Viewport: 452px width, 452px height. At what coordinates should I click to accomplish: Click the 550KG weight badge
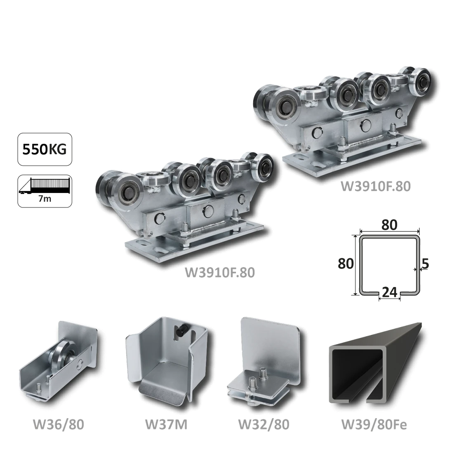[45, 149]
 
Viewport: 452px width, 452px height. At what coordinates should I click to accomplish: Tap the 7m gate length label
[45, 199]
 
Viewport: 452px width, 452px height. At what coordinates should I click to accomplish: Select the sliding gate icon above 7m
[45, 186]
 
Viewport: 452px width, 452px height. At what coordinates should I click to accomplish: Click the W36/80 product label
[59, 424]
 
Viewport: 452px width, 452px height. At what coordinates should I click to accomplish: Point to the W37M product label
[166, 424]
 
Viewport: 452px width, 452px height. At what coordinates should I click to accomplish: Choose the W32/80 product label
[264, 424]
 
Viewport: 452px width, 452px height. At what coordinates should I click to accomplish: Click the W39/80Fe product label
[374, 424]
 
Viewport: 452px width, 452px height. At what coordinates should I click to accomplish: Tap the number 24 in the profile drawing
[389, 292]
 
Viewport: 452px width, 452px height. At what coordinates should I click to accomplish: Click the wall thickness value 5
[425, 264]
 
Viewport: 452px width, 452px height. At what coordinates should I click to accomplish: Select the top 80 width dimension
[389, 225]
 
